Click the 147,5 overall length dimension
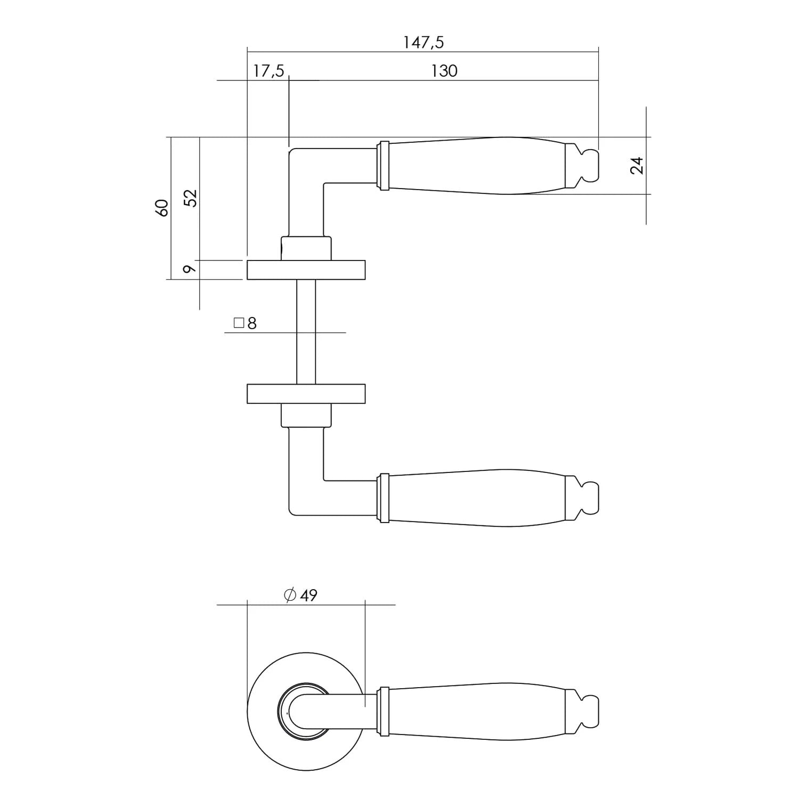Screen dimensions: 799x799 tap(423, 42)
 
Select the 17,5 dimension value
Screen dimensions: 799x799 tap(268, 71)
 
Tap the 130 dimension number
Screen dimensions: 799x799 tap(444, 71)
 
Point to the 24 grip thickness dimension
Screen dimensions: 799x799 tap(637, 166)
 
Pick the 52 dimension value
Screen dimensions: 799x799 tap(191, 198)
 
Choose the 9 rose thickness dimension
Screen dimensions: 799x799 tap(189, 269)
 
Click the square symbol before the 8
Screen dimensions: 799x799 tap(238, 323)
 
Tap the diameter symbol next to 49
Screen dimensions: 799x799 tap(290, 595)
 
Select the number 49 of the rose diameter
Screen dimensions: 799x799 tap(308, 595)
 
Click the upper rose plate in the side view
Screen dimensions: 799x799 tap(306, 270)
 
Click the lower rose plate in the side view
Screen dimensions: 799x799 tap(306, 393)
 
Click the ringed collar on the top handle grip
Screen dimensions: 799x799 tap(382, 166)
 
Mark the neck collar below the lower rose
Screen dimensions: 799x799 tap(306, 415)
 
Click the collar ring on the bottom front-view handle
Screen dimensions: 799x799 tap(382, 712)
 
